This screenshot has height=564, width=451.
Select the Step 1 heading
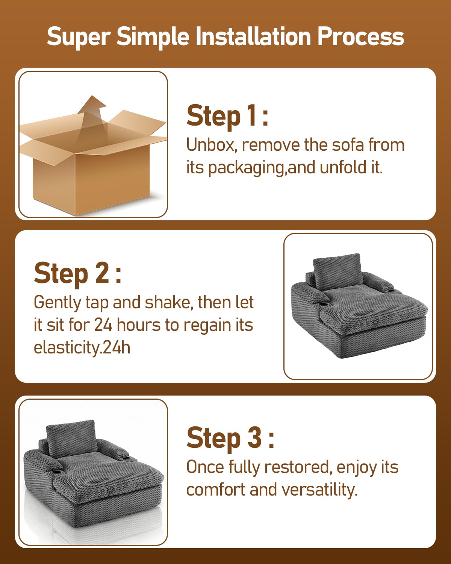[x=227, y=116]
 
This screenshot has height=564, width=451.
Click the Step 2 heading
[x=78, y=274]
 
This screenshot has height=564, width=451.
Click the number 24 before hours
[x=103, y=325]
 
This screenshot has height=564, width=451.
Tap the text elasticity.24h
[x=82, y=348]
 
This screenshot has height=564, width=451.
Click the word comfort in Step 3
[x=215, y=490]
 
